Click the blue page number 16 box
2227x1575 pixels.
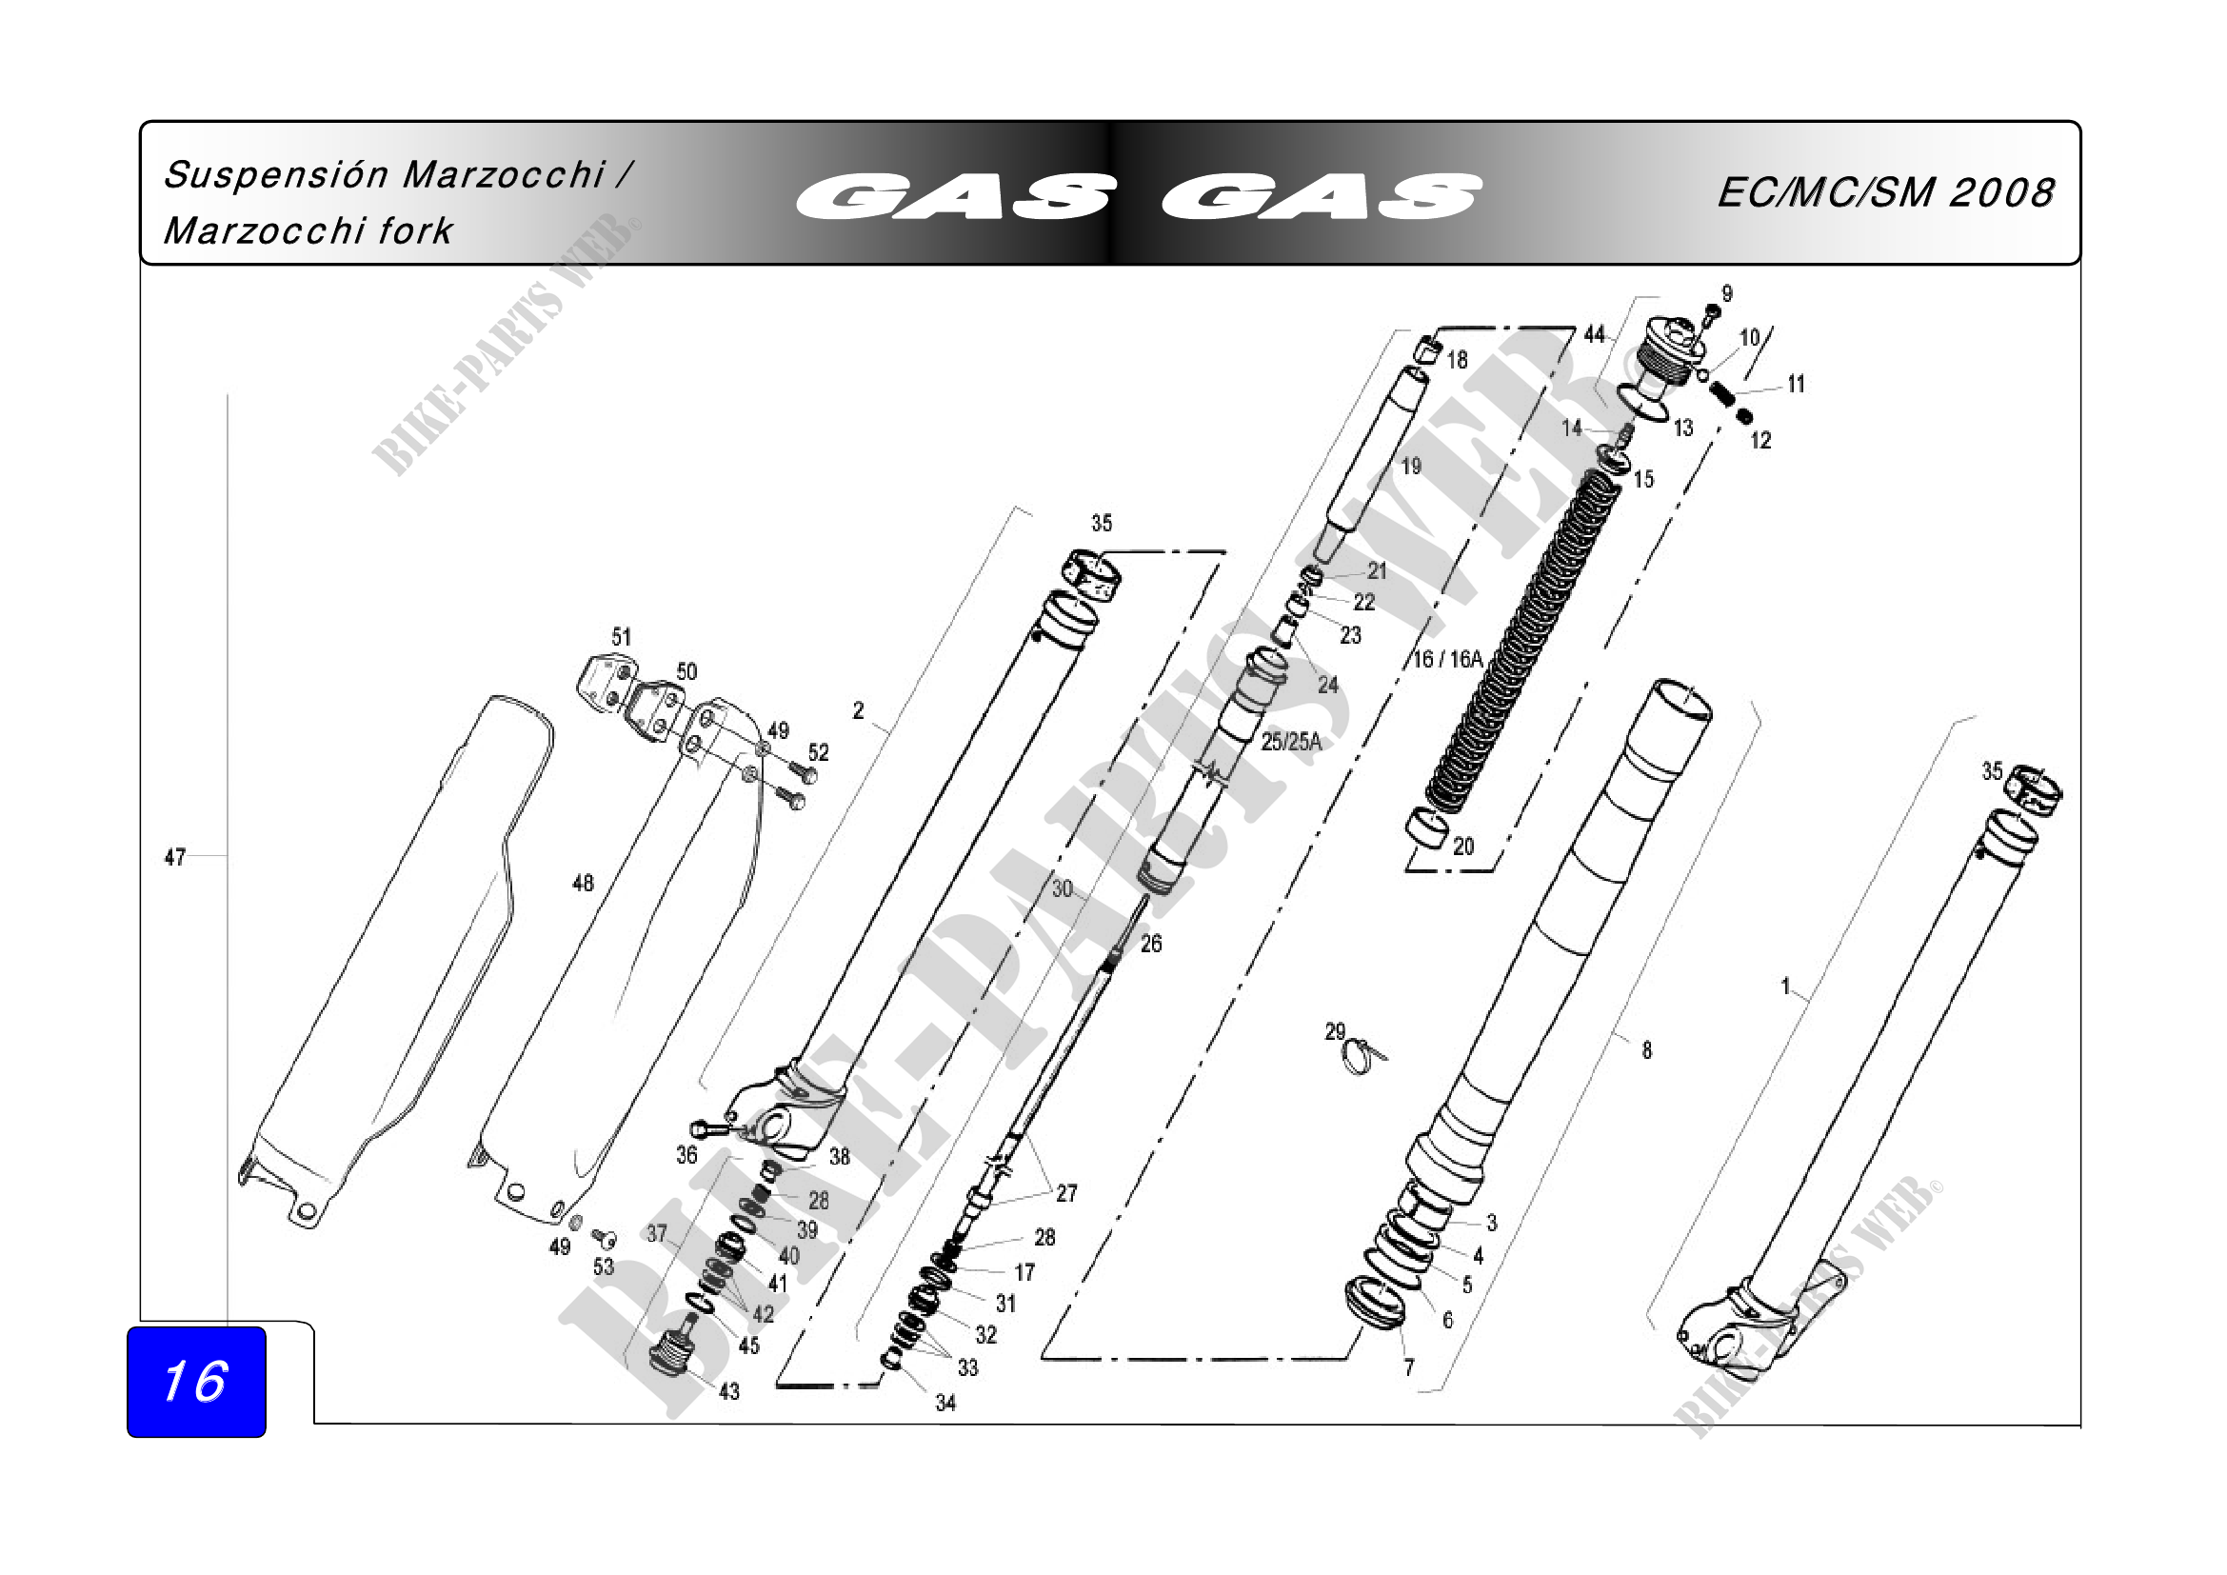pyautogui.click(x=196, y=1382)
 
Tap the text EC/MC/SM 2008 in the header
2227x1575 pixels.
pyautogui.click(x=1884, y=193)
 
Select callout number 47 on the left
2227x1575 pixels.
pyautogui.click(x=174, y=857)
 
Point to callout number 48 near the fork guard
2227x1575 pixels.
pyautogui.click(x=583, y=883)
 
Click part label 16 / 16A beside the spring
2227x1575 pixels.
pyautogui.click(x=1447, y=660)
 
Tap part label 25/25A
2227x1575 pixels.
pyautogui.click(x=1291, y=742)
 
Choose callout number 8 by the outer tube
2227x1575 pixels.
pyautogui.click(x=1646, y=1049)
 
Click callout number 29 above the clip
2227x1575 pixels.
pyautogui.click(x=1335, y=1031)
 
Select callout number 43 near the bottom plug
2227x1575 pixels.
pyautogui.click(x=729, y=1392)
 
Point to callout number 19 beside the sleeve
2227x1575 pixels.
pyautogui.click(x=1410, y=467)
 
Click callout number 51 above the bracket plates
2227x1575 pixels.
pyautogui.click(x=622, y=637)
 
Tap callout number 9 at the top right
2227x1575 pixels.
pyautogui.click(x=1726, y=293)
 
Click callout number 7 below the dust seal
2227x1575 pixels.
pyautogui.click(x=1408, y=1367)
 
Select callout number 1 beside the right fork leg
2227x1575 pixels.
pyautogui.click(x=1785, y=987)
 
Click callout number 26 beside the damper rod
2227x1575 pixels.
pyautogui.click(x=1150, y=944)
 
